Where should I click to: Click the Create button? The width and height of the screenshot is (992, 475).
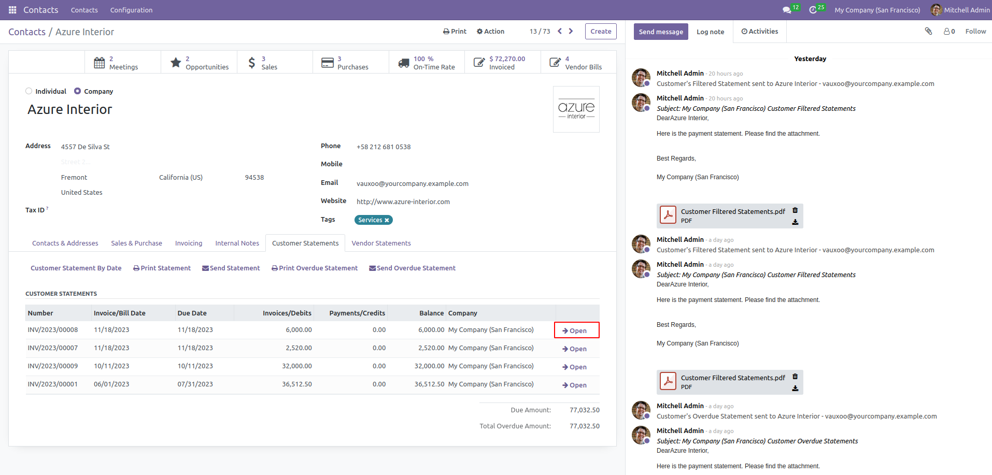(x=601, y=31)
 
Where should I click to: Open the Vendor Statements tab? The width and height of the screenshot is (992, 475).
(x=381, y=243)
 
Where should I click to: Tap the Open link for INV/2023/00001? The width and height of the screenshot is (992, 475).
(x=574, y=385)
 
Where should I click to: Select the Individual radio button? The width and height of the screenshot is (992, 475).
(x=29, y=91)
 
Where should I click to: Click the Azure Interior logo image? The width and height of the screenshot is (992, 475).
(x=576, y=109)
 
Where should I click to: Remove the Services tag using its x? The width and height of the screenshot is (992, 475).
(x=387, y=220)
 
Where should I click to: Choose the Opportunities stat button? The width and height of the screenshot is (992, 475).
(x=199, y=63)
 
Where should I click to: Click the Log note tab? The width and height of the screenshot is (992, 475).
(x=710, y=32)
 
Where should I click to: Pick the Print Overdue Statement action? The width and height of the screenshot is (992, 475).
(x=315, y=268)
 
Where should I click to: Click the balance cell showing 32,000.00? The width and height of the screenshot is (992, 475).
(x=429, y=366)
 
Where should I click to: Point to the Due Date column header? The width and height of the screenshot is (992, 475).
(x=192, y=313)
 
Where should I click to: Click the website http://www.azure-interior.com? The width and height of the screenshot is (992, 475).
(x=403, y=201)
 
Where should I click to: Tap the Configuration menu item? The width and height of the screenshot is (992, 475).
(x=131, y=10)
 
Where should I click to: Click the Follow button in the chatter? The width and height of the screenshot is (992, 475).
(x=975, y=31)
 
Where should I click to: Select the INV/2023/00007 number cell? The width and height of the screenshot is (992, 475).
(x=53, y=348)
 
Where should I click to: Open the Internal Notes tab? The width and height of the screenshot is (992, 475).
(x=237, y=243)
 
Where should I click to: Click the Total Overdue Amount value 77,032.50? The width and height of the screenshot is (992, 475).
(x=585, y=426)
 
